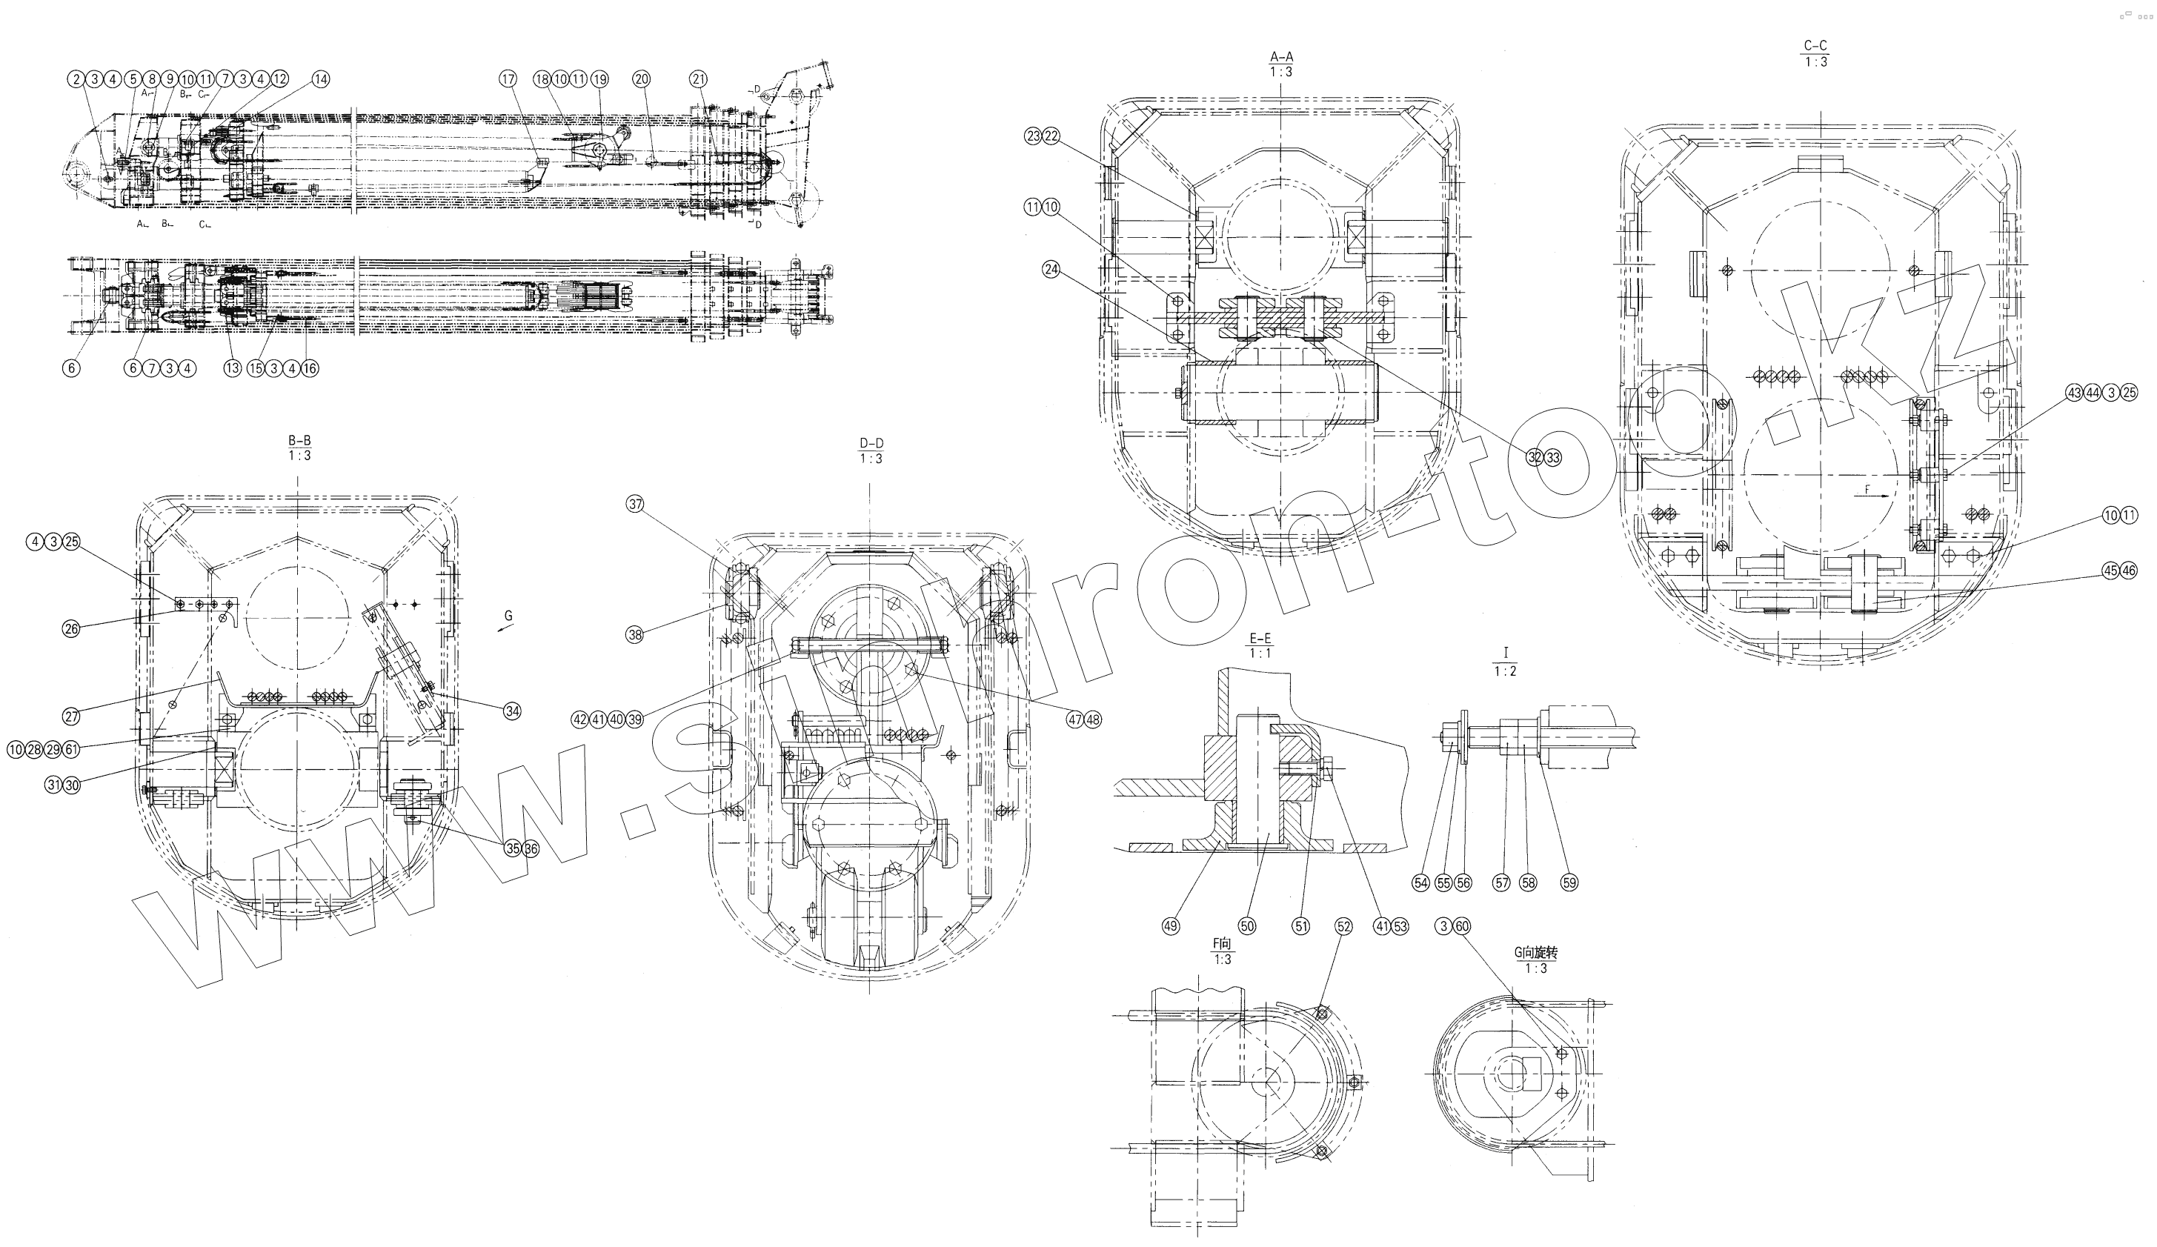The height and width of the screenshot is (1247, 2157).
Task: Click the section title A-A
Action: (1280, 57)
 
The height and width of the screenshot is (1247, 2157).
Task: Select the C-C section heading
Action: (1815, 46)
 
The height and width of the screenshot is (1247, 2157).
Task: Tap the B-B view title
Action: (299, 441)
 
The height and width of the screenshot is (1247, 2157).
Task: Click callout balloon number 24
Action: (1051, 269)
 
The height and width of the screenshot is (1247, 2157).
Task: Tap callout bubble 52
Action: (1344, 927)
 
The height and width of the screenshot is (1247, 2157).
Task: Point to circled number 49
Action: (1170, 926)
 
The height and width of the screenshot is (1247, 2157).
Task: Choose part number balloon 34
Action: (512, 711)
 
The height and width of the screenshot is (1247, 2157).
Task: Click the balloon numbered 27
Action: (71, 716)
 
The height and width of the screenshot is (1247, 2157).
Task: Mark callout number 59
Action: (1569, 883)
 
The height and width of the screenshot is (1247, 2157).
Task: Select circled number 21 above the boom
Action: (699, 79)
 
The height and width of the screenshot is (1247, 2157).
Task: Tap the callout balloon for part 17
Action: (508, 79)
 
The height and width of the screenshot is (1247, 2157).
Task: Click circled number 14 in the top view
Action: (320, 79)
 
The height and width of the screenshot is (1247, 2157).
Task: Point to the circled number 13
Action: (232, 369)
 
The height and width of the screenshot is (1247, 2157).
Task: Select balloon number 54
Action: (1421, 883)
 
